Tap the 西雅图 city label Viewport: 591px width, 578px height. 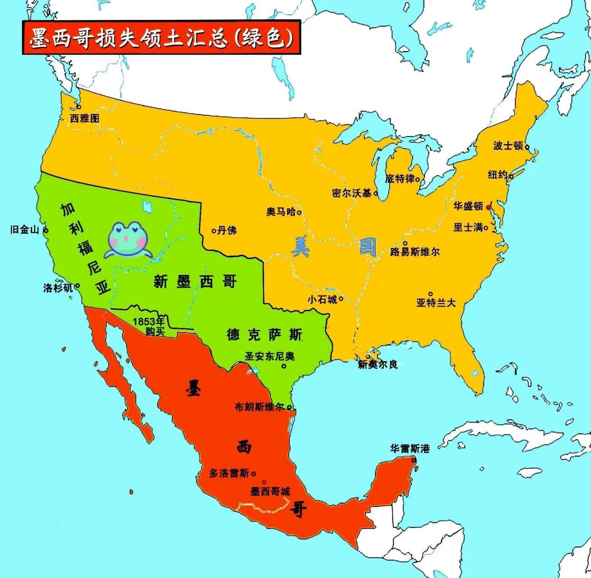coord(84,118)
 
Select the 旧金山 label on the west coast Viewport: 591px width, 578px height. coord(25,229)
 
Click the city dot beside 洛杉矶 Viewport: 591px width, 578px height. coord(78,286)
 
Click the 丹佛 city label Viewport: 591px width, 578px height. coord(227,230)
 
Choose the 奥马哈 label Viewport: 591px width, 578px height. coord(281,212)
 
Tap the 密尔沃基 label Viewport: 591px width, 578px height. coord(352,193)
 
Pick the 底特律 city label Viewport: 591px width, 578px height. coord(400,179)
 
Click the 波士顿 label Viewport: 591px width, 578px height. coord(508,145)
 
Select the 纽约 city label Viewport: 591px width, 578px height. coord(498,175)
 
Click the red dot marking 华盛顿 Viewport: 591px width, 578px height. coord(488,207)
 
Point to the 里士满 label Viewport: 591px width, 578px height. coord(468,227)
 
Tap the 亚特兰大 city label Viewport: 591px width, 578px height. coord(436,303)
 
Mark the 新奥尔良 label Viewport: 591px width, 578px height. coord(377,364)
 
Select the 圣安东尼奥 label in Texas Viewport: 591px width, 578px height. coord(270,356)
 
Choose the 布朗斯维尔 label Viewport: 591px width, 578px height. coord(259,406)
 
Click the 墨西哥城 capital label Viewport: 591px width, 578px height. coord(270,491)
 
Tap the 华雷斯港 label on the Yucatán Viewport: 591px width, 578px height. coord(410,448)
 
